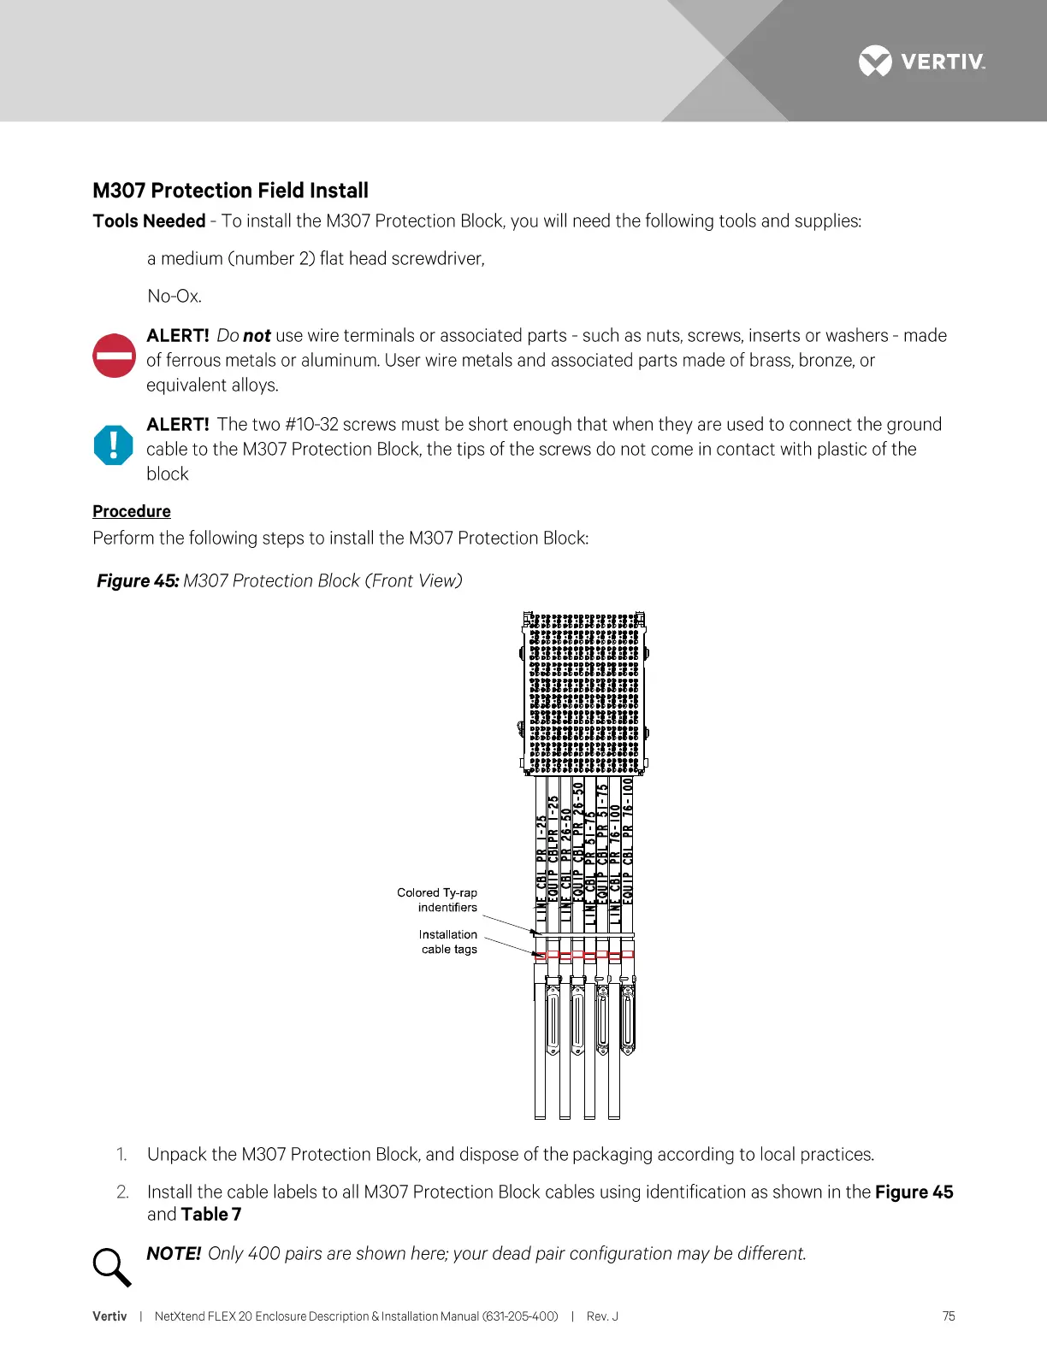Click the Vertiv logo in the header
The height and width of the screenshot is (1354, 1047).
point(921,62)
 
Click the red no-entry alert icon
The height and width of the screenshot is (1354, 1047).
point(114,356)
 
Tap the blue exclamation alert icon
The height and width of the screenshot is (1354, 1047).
point(114,445)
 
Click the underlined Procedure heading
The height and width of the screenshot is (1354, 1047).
point(132,511)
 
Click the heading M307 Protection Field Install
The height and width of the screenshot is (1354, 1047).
point(230,191)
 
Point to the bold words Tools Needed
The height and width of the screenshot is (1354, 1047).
point(149,221)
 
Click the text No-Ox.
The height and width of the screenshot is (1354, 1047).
point(174,297)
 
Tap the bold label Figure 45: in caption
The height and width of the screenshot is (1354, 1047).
point(138,581)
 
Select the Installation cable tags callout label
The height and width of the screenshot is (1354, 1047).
point(448,942)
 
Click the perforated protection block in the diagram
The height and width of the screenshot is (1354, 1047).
point(584,693)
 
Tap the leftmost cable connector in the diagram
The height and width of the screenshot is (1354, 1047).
point(553,1021)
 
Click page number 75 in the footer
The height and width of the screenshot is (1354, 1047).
point(949,1316)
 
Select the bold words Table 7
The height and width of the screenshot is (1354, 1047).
point(211,1215)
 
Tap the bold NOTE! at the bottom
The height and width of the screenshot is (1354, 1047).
point(174,1254)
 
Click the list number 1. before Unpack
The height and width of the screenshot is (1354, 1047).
point(121,1155)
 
